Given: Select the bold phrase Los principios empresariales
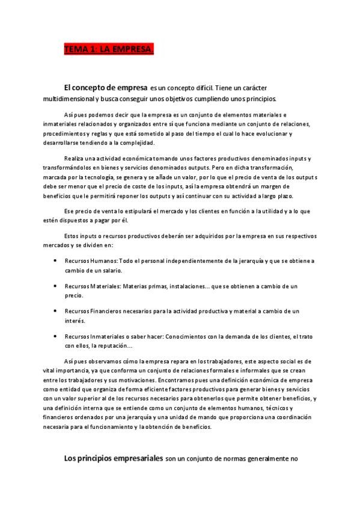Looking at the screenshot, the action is pyautogui.click(x=114, y=458).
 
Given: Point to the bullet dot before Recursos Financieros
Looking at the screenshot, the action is pyautogui.click(x=55, y=311).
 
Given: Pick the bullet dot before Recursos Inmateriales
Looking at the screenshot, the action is pyautogui.click(x=55, y=336).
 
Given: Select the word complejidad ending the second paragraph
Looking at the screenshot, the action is pyautogui.click(x=137, y=143).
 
